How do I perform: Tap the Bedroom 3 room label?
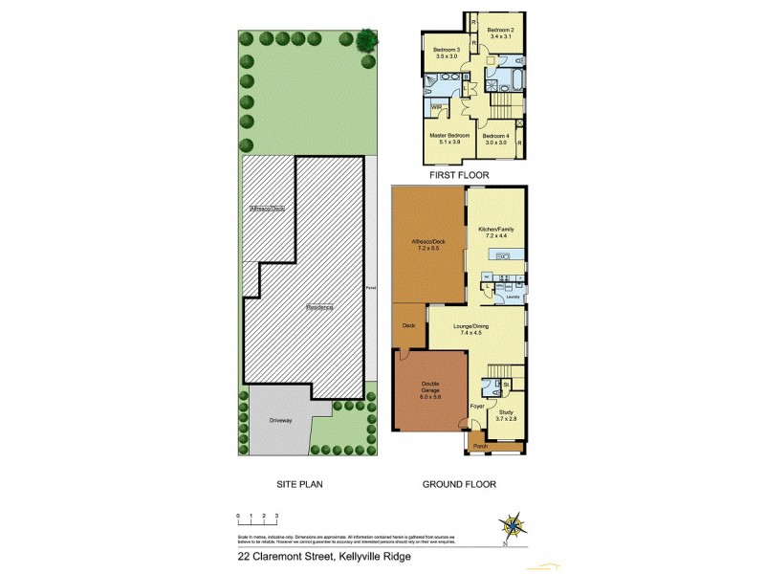click(x=448, y=50)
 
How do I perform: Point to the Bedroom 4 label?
click(x=495, y=136)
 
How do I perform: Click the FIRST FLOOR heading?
click(x=459, y=175)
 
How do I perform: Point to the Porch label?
click(x=481, y=446)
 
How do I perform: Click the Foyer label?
click(x=476, y=408)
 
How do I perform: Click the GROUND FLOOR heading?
click(x=459, y=485)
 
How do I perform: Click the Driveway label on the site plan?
click(x=280, y=419)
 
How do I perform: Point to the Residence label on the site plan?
click(x=319, y=307)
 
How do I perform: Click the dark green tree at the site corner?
click(x=365, y=40)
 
